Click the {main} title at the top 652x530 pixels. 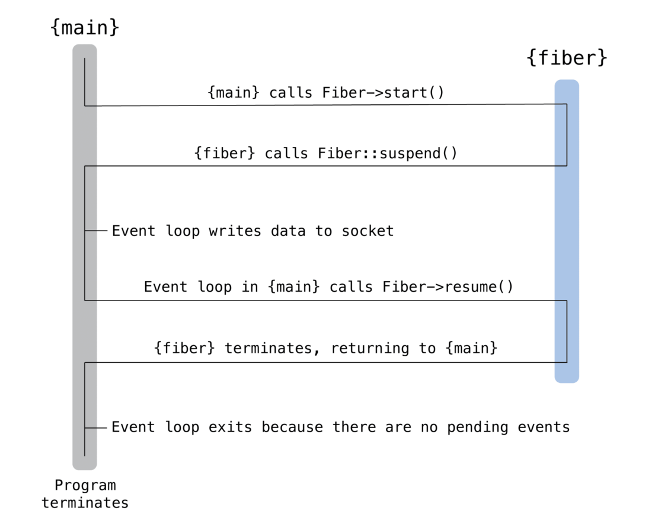click(85, 27)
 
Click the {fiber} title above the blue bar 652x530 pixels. click(567, 58)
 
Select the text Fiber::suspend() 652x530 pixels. click(387, 154)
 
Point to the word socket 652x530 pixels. click(367, 231)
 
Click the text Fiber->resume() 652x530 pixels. click(448, 287)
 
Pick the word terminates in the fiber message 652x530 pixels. click(267, 348)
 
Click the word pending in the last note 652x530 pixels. click(474, 427)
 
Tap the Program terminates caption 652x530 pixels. click(85, 494)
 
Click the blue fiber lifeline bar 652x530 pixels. click(567, 237)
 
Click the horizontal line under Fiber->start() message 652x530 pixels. click(326, 106)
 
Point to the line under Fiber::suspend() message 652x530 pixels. click(326, 166)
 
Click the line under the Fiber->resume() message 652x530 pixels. click(326, 300)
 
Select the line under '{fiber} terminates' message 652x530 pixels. click(326, 362)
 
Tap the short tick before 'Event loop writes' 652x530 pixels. click(96, 231)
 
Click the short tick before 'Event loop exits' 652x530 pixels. click(96, 427)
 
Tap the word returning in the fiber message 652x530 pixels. click(370, 348)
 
